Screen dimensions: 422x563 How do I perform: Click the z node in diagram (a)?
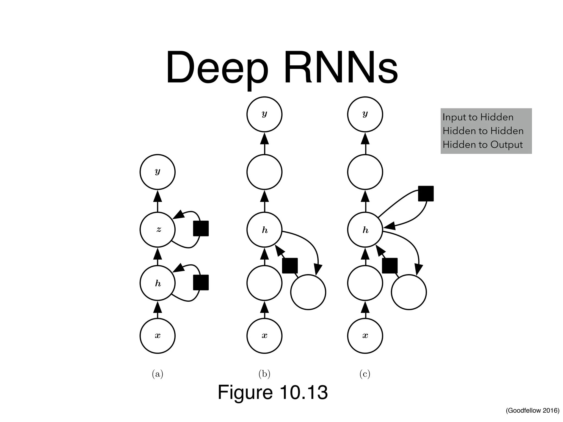coord(158,229)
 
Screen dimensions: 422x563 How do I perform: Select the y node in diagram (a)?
coord(158,172)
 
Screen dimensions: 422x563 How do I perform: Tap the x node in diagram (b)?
coord(264,336)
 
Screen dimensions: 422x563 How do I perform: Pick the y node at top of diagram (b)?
coord(264,114)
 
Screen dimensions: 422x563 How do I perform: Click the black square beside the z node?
coord(201,228)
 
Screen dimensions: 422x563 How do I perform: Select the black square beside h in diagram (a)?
coord(201,282)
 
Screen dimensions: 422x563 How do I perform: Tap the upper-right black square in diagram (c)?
coord(426,193)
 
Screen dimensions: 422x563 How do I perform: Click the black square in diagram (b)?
coord(290,266)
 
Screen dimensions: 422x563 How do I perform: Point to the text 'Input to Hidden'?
coord(478,117)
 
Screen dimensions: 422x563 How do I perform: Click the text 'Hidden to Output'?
coord(482,145)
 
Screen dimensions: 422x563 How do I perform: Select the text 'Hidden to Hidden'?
coord(483,131)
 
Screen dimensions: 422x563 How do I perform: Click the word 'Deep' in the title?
coord(217,69)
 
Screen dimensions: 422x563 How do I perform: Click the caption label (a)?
coord(158,374)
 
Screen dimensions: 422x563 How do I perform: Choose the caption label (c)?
coord(365,374)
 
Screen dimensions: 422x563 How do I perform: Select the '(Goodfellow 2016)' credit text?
coord(532,410)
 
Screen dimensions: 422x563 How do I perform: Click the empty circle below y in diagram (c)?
coord(365,172)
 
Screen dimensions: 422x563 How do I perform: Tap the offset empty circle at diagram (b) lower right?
coord(308,292)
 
